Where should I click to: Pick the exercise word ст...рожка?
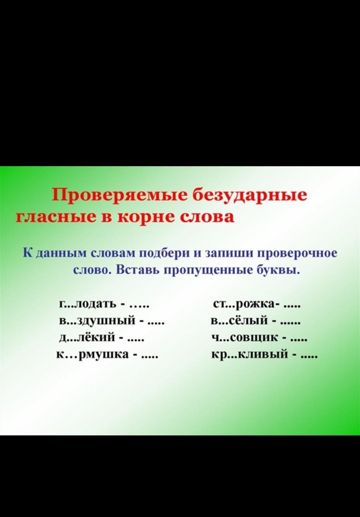pos(245,305)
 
